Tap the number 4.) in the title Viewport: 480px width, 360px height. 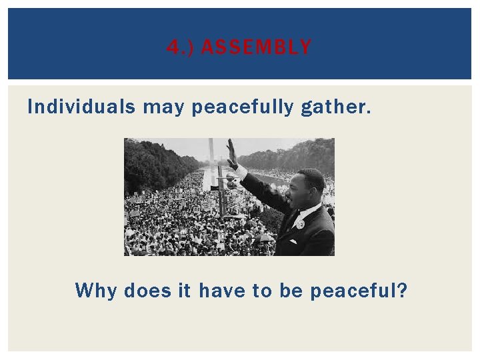(179, 47)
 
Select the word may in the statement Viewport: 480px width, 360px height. (163, 107)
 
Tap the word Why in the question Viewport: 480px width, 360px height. (97, 291)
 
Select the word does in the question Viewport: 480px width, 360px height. (147, 291)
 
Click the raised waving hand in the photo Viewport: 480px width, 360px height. (231, 153)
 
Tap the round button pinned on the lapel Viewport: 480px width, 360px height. (301, 224)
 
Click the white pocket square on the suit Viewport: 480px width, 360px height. (293, 241)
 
